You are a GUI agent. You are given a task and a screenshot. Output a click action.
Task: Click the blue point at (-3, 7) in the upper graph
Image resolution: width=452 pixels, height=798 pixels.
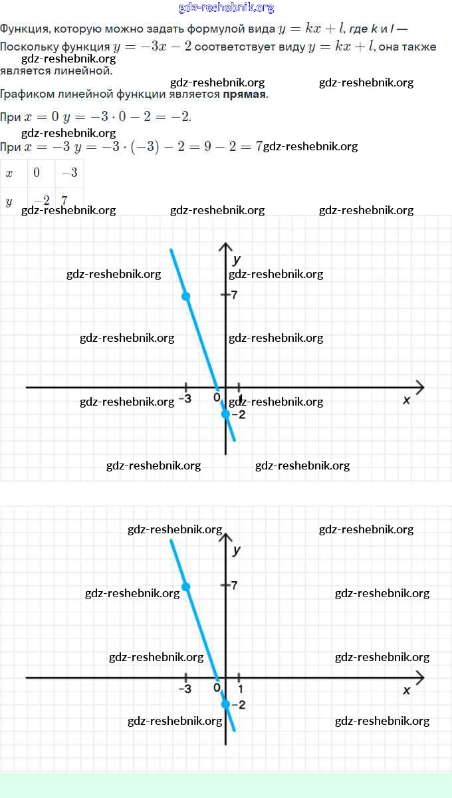186,296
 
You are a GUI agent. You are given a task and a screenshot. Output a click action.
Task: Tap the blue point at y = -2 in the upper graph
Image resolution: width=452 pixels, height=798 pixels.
226,414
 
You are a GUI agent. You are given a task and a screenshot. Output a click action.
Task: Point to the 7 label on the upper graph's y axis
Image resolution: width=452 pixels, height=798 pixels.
234,295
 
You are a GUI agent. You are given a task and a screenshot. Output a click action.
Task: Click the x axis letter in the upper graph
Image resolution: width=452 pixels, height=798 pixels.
407,400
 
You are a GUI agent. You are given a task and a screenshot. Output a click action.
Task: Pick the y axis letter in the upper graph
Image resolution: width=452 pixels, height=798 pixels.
237,259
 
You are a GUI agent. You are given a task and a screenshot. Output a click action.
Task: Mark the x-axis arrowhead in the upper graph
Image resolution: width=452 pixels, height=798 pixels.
419,387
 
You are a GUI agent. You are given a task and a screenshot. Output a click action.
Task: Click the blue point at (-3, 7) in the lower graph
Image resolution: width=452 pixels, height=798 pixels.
186,587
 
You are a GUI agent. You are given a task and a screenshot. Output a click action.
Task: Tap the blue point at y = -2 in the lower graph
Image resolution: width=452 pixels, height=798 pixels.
226,704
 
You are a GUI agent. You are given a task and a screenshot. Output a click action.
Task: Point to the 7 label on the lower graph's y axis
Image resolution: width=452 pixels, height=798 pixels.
234,585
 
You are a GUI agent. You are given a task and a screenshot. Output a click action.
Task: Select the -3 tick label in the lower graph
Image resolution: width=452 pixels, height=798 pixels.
185,690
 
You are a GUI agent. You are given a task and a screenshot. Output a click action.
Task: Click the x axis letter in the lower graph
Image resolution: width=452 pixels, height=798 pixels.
407,690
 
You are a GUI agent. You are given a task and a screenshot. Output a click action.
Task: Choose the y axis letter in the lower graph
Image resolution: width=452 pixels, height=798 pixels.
237,550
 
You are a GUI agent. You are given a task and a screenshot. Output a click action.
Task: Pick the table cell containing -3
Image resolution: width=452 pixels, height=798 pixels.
69,173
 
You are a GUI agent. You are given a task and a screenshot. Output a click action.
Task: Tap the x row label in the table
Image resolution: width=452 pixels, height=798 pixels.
9,173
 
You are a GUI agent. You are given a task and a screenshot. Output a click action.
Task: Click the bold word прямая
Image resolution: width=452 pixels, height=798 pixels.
245,94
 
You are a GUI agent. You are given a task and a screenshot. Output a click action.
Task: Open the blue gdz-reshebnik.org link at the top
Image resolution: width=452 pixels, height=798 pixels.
226,8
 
